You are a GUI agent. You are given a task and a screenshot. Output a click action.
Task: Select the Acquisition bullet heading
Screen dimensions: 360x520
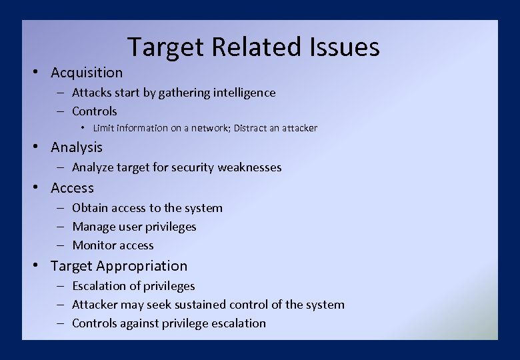click(87, 73)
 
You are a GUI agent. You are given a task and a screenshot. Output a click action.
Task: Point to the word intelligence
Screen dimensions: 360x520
click(244, 93)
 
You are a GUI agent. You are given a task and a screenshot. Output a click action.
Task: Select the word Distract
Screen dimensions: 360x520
click(251, 128)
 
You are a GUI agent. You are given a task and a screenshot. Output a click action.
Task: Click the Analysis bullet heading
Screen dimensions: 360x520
click(77, 147)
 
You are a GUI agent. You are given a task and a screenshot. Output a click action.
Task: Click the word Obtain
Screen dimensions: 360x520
click(89, 208)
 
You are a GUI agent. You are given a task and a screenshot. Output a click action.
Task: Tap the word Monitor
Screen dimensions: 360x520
click(93, 245)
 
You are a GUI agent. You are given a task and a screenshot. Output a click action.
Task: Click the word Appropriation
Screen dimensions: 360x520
click(142, 266)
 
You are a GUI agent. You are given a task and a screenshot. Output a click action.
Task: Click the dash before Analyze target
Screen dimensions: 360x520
click(60, 167)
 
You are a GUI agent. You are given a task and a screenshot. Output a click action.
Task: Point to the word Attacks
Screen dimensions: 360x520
click(91, 93)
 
